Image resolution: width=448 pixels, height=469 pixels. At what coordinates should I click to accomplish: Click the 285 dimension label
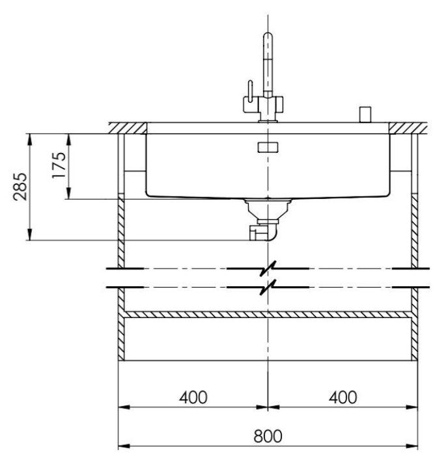coord(20,187)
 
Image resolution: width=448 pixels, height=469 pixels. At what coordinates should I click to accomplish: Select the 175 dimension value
coord(59,165)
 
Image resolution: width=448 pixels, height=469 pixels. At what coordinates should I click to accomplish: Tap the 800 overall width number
coord(268,436)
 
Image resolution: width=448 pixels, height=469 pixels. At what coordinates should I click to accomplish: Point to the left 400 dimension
coord(193,397)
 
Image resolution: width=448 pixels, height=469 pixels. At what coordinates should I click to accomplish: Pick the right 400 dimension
coord(343,397)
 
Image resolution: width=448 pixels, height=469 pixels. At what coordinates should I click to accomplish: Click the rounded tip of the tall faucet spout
coord(268,35)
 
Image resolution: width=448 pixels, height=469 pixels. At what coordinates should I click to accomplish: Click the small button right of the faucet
coord(365,114)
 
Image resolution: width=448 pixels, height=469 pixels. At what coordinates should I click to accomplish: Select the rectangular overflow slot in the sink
coord(268,148)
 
